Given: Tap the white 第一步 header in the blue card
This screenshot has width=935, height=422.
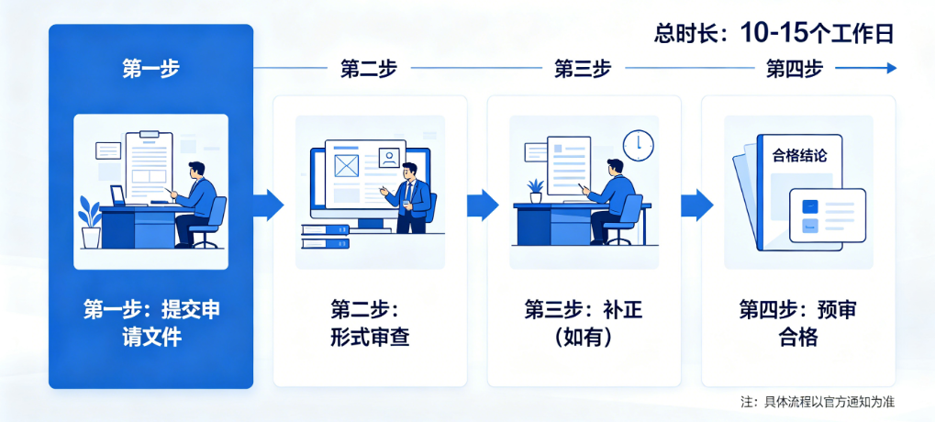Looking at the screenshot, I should point(150,68).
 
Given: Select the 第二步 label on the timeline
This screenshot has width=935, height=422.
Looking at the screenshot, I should point(369,68).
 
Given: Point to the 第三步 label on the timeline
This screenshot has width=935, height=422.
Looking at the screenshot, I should point(583,68).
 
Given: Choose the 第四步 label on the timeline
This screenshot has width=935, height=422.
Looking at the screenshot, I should point(794,68).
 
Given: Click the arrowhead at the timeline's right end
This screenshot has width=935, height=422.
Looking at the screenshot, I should point(890,68).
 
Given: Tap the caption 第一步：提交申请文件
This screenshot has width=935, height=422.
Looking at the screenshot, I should point(150,323).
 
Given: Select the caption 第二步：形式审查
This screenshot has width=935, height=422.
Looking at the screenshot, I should point(369,323).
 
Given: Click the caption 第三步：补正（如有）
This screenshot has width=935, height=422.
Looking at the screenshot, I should point(584,323).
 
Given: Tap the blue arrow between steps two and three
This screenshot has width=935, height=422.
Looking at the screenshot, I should point(482,205).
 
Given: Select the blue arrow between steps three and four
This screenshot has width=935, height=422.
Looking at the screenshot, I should point(696,205).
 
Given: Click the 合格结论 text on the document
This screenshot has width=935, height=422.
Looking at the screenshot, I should point(799,156).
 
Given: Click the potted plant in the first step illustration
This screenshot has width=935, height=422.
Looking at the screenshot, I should point(90,223).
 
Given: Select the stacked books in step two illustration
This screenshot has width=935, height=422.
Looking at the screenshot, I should point(325,237).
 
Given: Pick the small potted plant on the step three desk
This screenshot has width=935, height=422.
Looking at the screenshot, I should point(535,190).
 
